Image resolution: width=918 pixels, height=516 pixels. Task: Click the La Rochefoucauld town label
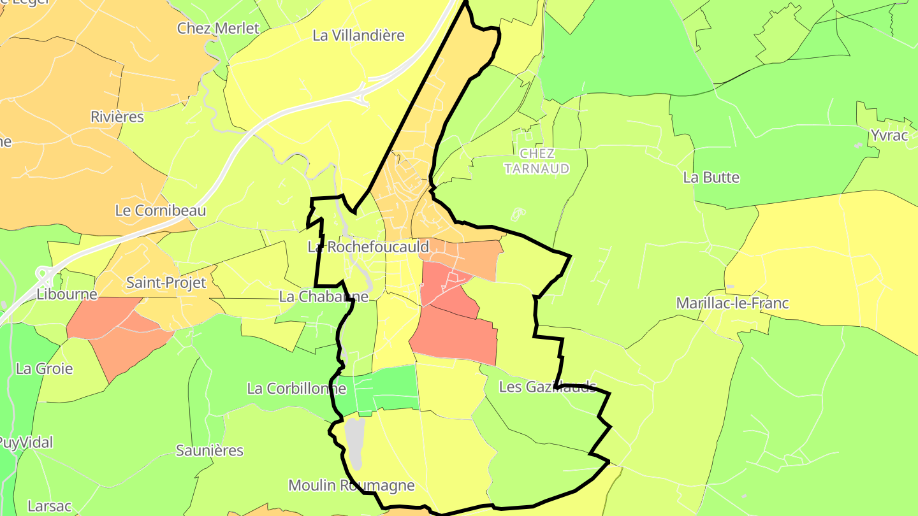[x=368, y=247]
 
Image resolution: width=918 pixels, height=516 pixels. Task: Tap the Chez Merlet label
[x=218, y=28]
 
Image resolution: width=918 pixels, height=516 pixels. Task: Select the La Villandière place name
[x=358, y=36]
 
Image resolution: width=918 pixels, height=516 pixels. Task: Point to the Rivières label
[x=117, y=117]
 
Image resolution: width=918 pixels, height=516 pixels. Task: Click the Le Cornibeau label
[x=161, y=210]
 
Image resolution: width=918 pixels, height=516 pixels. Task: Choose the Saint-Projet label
[x=166, y=283]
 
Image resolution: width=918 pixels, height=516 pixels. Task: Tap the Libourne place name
[x=67, y=294]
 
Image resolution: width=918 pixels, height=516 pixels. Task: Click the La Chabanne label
[x=324, y=297]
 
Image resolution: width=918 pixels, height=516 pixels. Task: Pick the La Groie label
[x=45, y=369]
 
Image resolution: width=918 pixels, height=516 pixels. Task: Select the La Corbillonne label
[x=292, y=389]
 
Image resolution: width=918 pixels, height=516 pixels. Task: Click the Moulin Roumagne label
[x=351, y=485]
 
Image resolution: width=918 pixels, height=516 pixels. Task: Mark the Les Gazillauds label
[x=547, y=387]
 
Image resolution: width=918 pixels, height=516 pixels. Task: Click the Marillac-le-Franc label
[x=732, y=303]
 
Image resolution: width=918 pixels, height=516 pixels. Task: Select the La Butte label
[x=711, y=178]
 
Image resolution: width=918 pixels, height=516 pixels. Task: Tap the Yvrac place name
[x=889, y=136]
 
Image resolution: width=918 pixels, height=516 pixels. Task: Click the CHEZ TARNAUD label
[x=537, y=161]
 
